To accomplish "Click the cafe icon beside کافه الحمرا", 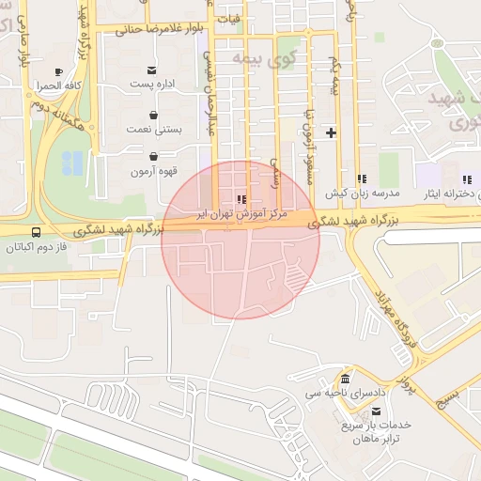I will coord(58,72).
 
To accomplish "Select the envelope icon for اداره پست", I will coord(152,70).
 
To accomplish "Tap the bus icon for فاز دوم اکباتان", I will coord(36,232).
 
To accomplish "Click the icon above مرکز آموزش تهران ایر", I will coord(243,199).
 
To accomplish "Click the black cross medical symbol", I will coord(331,132).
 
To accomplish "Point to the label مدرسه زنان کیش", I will coord(363,193).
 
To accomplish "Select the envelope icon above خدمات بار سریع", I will coord(377,411).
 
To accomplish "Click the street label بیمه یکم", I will coord(334,74).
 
